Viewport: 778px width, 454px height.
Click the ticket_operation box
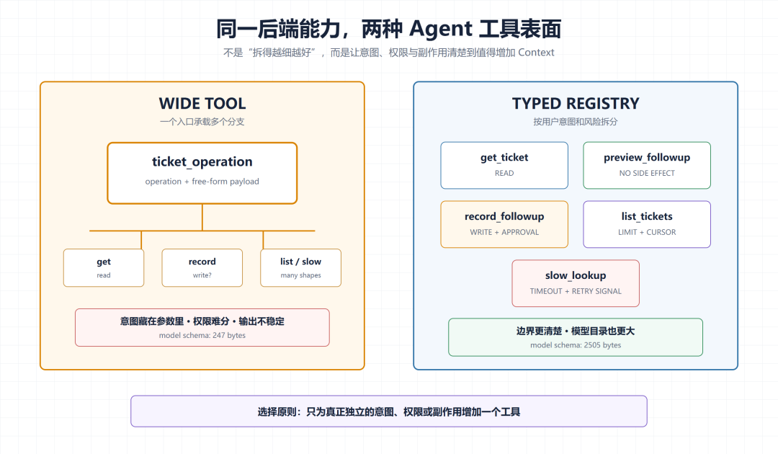point(202,173)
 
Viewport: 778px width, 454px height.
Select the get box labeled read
point(104,268)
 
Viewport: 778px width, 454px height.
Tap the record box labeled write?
point(202,268)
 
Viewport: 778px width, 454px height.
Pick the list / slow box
point(300,268)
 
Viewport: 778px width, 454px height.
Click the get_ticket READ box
point(504,165)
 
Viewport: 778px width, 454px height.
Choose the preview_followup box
point(647,165)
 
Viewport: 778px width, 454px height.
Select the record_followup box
point(504,224)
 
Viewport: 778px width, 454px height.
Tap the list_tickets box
point(647,224)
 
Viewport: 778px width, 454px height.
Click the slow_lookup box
point(576,283)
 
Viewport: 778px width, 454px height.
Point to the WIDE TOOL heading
point(202,103)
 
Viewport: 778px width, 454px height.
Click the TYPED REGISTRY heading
point(576,103)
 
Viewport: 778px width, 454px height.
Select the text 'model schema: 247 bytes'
point(202,335)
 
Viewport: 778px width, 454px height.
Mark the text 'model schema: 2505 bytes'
point(576,345)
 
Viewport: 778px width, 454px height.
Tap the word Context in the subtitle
point(536,53)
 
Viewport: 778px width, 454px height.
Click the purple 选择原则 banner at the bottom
point(389,411)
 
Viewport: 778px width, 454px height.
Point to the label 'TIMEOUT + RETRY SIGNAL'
point(576,291)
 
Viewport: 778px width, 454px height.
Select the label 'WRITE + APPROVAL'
point(504,232)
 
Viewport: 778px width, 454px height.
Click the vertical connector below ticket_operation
point(202,218)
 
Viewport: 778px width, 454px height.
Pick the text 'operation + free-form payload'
point(202,182)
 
